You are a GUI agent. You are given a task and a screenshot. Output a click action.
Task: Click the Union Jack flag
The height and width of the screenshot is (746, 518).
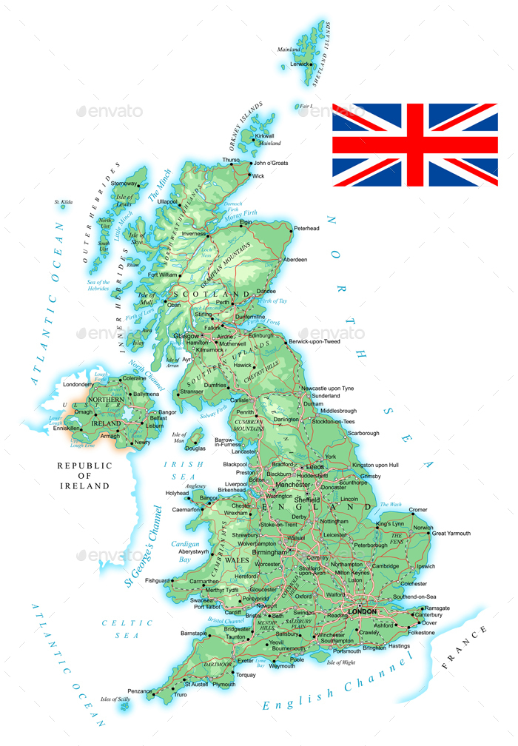(414, 145)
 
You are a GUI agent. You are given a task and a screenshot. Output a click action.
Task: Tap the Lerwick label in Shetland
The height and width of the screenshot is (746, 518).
(300, 64)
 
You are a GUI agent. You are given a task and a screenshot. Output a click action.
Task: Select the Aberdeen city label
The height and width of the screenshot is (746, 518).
(295, 260)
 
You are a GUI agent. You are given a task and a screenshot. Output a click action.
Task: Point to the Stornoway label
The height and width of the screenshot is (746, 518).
(124, 184)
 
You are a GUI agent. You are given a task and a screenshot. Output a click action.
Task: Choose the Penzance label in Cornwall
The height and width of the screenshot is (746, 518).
(139, 691)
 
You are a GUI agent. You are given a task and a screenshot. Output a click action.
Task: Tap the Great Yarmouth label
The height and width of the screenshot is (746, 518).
(451, 533)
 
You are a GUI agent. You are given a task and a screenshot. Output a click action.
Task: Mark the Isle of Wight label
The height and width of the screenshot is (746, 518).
(341, 662)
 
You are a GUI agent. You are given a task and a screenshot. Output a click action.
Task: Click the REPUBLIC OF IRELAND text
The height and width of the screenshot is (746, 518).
(85, 476)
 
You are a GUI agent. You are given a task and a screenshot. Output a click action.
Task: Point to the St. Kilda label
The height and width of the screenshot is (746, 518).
(64, 202)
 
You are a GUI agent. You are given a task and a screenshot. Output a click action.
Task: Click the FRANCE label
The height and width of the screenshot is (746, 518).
(465, 648)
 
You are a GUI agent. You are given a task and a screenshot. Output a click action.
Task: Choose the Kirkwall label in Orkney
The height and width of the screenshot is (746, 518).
(264, 136)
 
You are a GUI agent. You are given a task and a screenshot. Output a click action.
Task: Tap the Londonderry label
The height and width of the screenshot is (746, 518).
(78, 385)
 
